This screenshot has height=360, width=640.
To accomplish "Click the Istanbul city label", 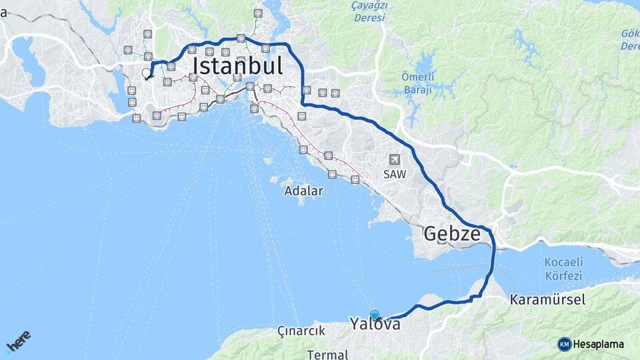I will [238, 66].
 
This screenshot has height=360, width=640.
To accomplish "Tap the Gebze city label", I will [452, 234].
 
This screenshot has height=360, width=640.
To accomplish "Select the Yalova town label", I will [375, 325].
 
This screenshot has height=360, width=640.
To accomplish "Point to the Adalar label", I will [303, 191].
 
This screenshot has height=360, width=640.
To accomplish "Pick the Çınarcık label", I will [301, 331].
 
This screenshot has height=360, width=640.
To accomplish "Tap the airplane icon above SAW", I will [395, 159].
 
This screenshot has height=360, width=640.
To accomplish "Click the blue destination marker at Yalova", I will [375, 315].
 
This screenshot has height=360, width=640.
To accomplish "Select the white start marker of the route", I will [147, 73].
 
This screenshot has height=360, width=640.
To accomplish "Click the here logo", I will [19, 341].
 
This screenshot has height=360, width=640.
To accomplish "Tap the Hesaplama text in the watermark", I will [599, 344].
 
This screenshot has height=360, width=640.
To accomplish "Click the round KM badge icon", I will [565, 344].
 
